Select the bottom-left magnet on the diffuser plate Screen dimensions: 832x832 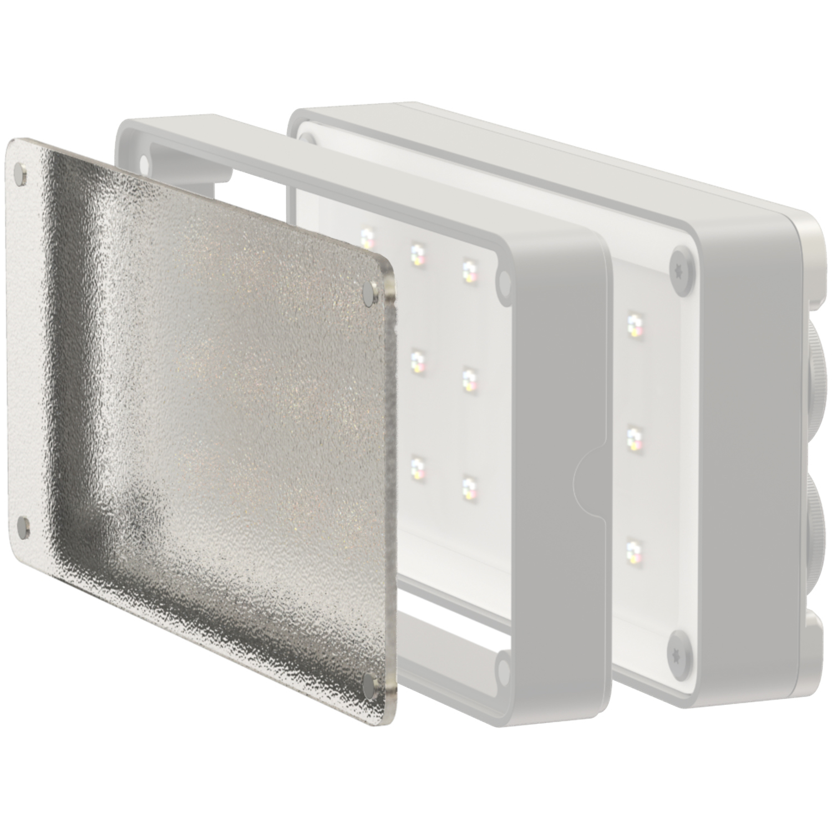click(x=24, y=526)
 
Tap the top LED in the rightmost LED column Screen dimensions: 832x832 click(x=633, y=325)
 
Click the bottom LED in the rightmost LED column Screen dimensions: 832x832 click(x=632, y=552)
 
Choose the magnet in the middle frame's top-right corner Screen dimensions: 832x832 click(x=504, y=280)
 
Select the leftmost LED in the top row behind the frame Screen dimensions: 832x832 click(x=367, y=239)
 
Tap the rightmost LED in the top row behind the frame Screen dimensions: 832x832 click(x=471, y=270)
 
